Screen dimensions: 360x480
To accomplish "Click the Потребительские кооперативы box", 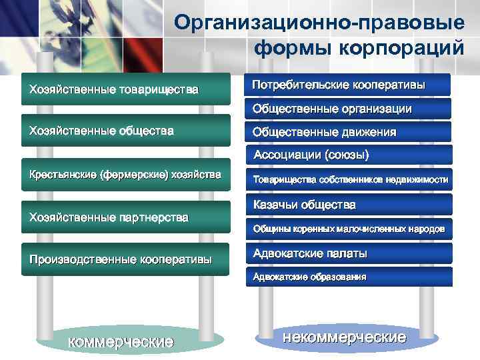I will tap(348, 85).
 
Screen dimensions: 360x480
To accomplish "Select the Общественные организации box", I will tap(348, 108).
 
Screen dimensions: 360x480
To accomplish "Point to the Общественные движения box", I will tap(348, 132).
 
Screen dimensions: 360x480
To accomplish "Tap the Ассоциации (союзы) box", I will tap(348, 155).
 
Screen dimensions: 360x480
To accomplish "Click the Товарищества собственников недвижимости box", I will tap(348, 179).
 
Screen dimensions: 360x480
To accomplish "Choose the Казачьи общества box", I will tap(348, 204).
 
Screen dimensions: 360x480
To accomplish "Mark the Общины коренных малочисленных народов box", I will tap(348, 229).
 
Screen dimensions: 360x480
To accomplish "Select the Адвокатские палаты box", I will tap(348, 253).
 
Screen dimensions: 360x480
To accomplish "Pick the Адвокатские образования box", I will tap(348, 277).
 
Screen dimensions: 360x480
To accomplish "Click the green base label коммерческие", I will tap(121, 342).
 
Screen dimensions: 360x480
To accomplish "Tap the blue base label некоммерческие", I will tap(344, 337).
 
